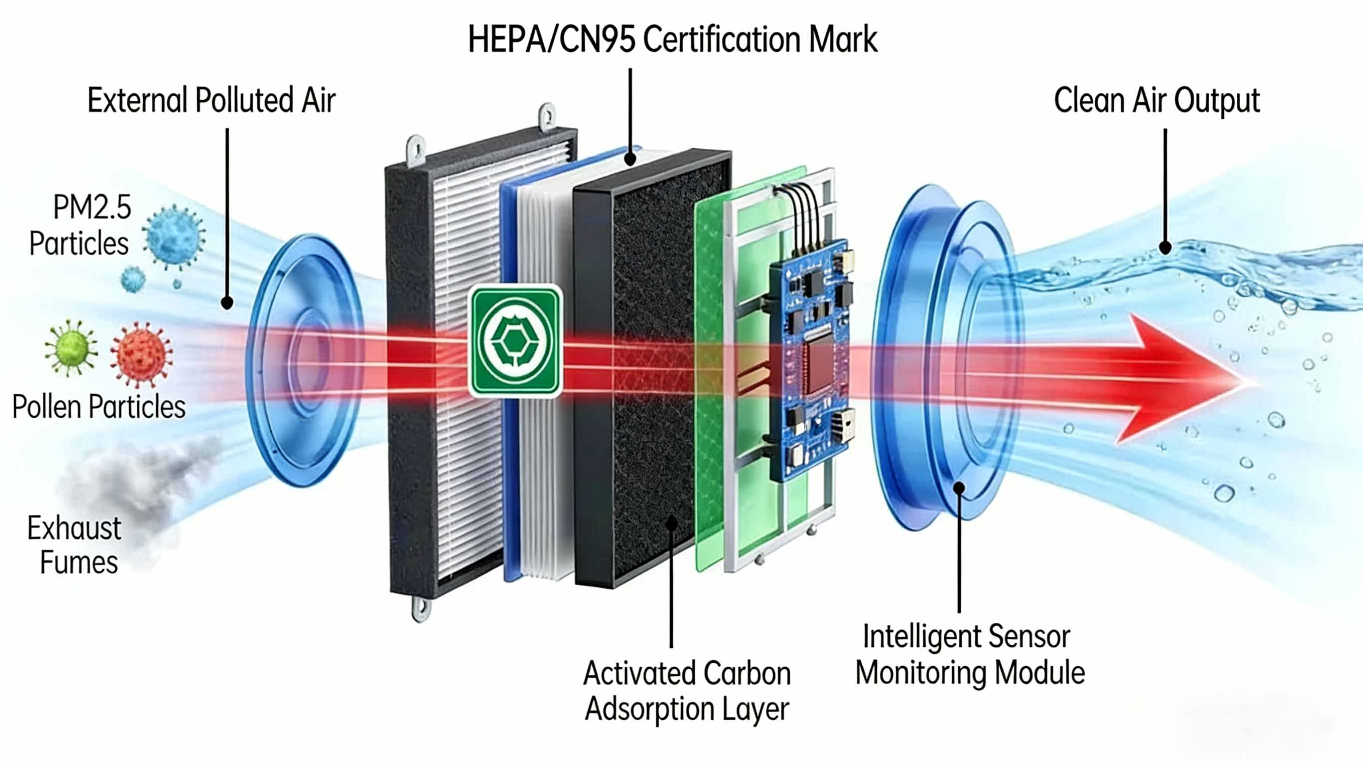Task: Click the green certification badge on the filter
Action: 515,341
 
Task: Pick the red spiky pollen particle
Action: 141,354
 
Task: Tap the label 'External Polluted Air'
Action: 211,100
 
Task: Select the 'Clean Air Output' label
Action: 1157,100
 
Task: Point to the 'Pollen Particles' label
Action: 99,407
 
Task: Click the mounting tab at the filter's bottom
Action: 421,608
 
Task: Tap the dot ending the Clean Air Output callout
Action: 1165,247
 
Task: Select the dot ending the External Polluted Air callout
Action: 227,302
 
